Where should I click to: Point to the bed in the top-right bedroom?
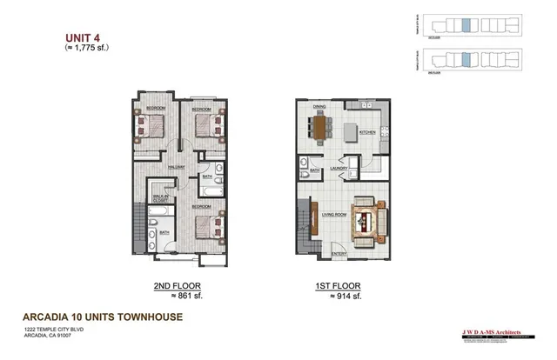click(210, 127)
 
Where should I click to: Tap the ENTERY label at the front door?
click(339, 254)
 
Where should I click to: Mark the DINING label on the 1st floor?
click(319, 107)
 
